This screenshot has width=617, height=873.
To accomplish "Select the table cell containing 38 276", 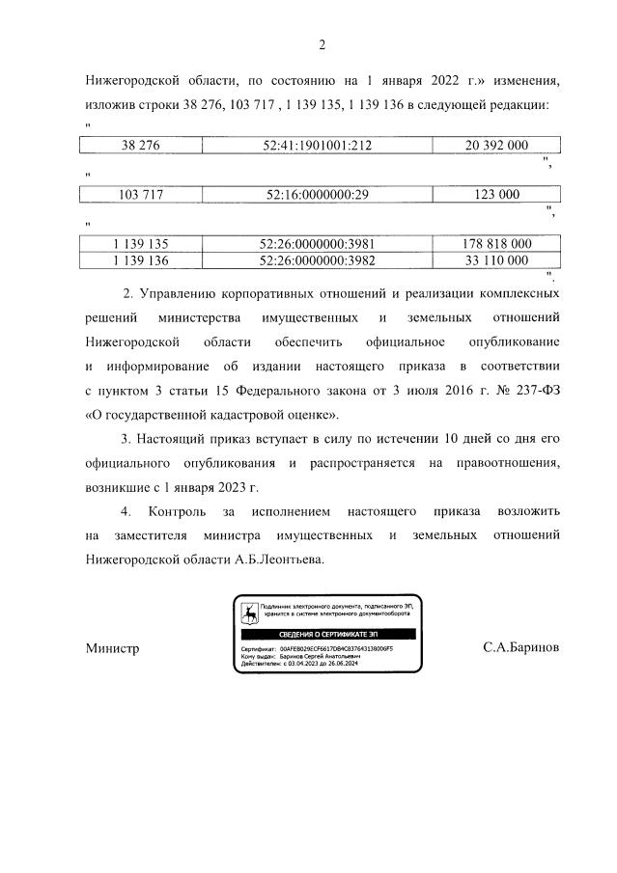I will click(x=140, y=145).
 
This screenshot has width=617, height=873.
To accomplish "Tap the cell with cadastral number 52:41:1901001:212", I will click(x=317, y=145).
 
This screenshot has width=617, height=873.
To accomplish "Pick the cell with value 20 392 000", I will click(x=496, y=145).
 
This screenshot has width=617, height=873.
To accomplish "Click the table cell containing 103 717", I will click(x=140, y=194).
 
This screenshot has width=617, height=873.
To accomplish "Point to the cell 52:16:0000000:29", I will click(x=317, y=194).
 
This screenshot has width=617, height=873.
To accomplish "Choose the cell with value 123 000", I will click(x=496, y=194).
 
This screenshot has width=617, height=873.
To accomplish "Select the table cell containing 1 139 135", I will click(x=140, y=244).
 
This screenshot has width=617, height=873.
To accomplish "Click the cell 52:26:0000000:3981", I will click(x=317, y=244).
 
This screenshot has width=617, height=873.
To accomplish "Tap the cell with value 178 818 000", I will click(x=496, y=244).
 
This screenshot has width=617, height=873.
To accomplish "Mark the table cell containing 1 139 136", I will click(x=140, y=259).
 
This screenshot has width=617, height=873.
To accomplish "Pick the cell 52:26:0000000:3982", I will click(x=317, y=259).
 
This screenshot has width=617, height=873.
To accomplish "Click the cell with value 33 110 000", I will click(x=496, y=259).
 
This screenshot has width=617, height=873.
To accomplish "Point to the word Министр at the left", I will click(x=112, y=648).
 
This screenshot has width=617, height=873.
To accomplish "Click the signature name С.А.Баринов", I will click(x=520, y=648).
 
